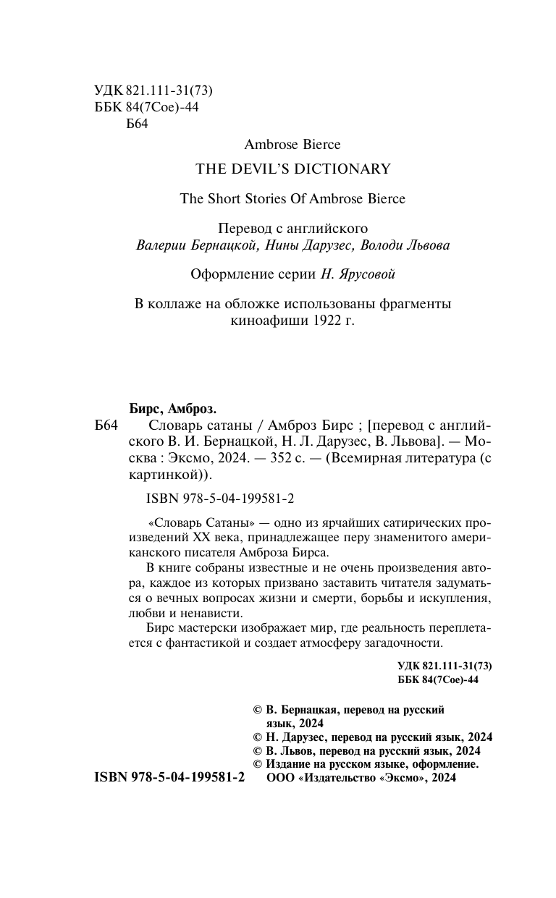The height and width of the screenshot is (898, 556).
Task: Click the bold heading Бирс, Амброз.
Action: (167, 407)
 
